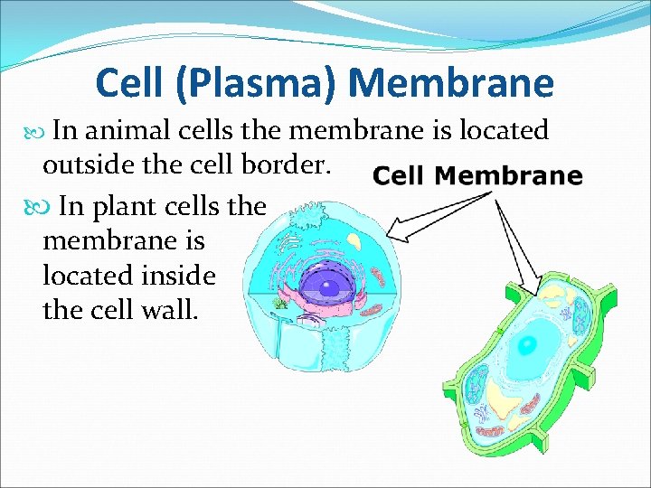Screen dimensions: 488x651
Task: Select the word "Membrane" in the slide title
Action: (x=450, y=83)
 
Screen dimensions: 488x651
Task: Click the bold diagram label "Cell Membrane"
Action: (x=477, y=176)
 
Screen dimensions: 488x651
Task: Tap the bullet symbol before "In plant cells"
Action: (x=35, y=207)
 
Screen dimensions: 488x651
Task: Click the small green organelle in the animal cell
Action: (x=283, y=304)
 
